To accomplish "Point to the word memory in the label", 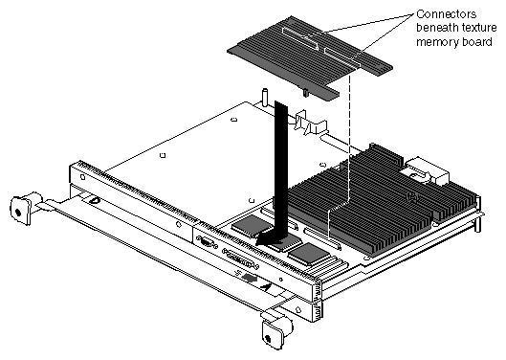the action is (x=438, y=42).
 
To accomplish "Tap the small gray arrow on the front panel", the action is (x=250, y=278).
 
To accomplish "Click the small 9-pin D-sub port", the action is (x=206, y=241).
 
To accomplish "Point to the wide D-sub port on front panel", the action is (x=240, y=259).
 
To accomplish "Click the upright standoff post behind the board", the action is (x=266, y=98).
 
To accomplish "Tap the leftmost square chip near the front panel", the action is (x=248, y=225).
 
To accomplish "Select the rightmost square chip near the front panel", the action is (x=307, y=254).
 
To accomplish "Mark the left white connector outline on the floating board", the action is (x=300, y=38).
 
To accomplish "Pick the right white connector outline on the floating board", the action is (x=342, y=57).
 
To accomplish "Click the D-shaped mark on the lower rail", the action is (x=95, y=201).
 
